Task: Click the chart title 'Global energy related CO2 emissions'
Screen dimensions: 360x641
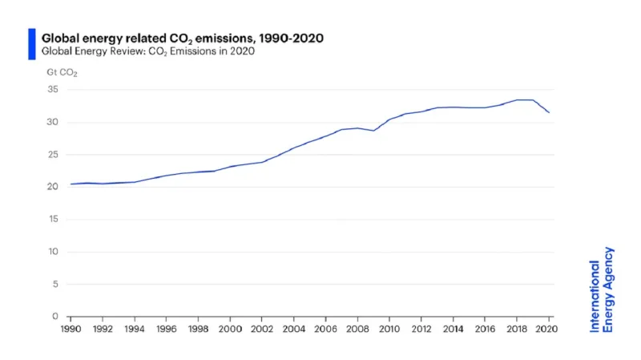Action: [182, 38]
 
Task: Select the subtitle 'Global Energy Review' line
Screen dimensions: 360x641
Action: [147, 52]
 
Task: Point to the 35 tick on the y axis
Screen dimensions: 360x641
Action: [53, 90]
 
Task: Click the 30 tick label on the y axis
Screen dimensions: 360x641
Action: [53, 122]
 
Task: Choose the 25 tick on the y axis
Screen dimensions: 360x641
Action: [53, 155]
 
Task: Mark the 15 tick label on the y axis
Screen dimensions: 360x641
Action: [53, 220]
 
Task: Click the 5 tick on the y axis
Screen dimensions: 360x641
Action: [55, 284]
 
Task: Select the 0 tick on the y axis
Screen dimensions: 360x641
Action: [55, 317]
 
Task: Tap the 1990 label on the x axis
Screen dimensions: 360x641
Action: [71, 330]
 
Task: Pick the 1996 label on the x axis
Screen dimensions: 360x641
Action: [166, 330]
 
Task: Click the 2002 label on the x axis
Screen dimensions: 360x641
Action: [262, 330]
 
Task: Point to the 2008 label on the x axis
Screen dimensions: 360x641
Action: [357, 330]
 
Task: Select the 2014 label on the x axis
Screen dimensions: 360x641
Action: [454, 330]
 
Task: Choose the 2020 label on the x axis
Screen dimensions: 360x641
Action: [549, 330]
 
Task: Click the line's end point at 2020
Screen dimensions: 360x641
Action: [549, 113]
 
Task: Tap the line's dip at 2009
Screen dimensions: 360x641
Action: [373, 131]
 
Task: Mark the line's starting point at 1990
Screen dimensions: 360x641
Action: [71, 184]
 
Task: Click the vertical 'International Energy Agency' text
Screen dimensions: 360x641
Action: [602, 289]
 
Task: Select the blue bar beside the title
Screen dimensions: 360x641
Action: [31, 44]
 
